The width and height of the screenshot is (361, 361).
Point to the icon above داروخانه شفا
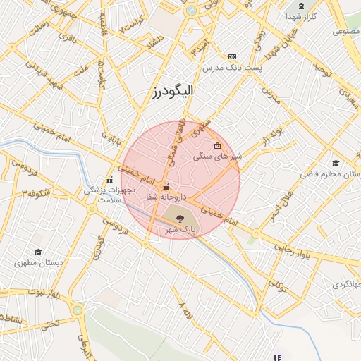pyautogui.click(x=166, y=188)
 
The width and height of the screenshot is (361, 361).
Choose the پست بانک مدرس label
pyautogui.click(x=233, y=68)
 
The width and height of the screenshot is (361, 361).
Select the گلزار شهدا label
pyautogui.click(x=305, y=16)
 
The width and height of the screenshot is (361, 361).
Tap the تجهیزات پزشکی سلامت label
pyautogui.click(x=108, y=195)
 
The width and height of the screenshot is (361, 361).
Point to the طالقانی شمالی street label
pyautogui.click(x=176, y=138)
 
